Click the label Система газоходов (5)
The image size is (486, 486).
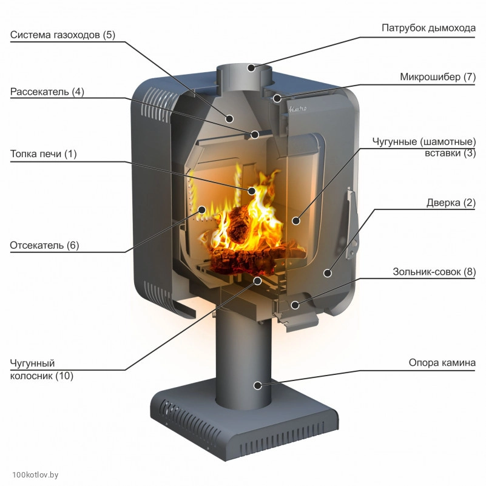tap(62, 35)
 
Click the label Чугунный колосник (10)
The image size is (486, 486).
tap(41, 370)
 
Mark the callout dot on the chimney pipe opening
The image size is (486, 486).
tap(250, 68)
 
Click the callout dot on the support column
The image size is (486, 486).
tap(258, 385)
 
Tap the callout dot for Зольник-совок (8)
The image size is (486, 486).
tap(294, 305)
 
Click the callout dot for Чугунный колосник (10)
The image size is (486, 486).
tap(257, 281)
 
